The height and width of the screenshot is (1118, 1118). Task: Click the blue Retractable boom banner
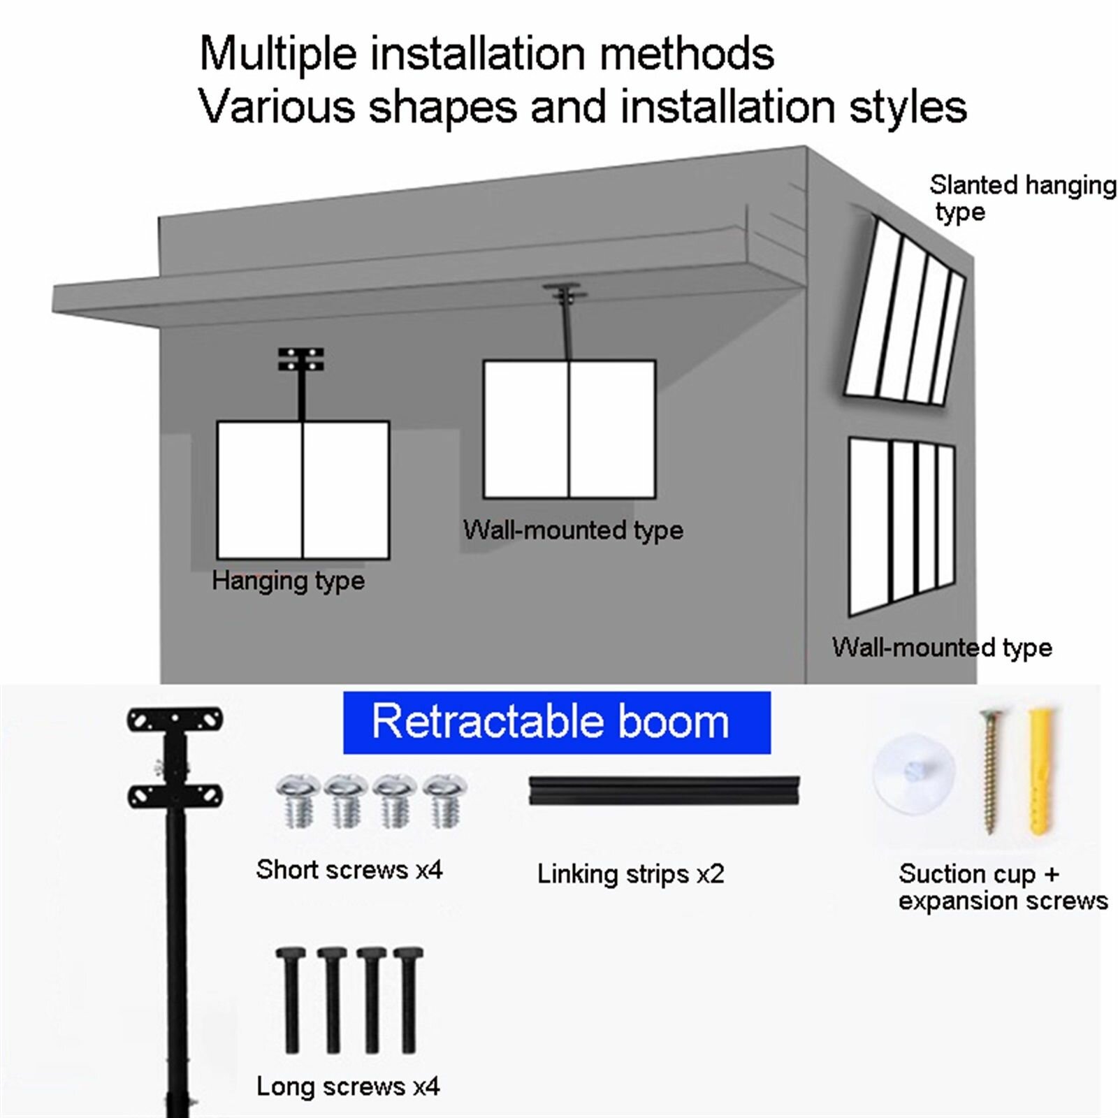coord(556,723)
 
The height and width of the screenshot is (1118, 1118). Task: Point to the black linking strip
coord(664,790)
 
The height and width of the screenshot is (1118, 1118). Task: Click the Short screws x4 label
coord(349,870)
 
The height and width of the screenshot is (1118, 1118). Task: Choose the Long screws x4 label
coord(347,1087)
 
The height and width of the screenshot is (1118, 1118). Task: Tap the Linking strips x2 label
coord(630,874)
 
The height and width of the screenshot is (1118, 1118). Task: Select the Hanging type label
coord(288,581)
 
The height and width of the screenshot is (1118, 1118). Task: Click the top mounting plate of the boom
coord(175,720)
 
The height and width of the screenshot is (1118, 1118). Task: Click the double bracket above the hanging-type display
coord(301,359)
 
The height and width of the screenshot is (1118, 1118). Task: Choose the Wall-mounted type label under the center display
coord(573,530)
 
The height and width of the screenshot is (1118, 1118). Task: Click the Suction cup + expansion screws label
coord(1002,887)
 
